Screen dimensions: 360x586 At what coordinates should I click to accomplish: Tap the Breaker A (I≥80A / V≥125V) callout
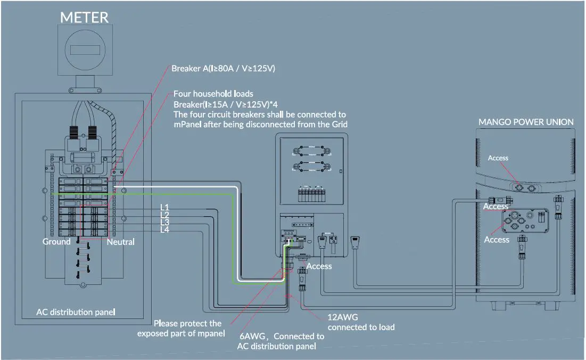point(223,69)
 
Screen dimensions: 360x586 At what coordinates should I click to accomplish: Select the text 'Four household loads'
point(213,94)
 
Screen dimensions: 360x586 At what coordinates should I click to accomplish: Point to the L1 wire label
point(165,207)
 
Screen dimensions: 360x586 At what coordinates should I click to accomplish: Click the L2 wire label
point(165,214)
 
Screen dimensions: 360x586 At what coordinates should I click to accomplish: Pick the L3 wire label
point(165,222)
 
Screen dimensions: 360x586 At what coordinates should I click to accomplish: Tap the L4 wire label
point(165,229)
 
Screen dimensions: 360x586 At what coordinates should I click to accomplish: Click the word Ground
point(56,242)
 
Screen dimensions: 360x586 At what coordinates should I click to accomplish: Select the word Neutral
point(121,242)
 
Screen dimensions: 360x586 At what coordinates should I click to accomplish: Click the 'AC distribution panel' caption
point(76,312)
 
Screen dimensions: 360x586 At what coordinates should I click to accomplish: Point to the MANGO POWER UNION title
point(526,122)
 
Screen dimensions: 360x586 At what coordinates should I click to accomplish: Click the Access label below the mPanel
point(319,266)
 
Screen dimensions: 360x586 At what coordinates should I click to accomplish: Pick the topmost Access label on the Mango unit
point(498,158)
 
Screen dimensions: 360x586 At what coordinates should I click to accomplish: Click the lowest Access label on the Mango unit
point(497,240)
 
